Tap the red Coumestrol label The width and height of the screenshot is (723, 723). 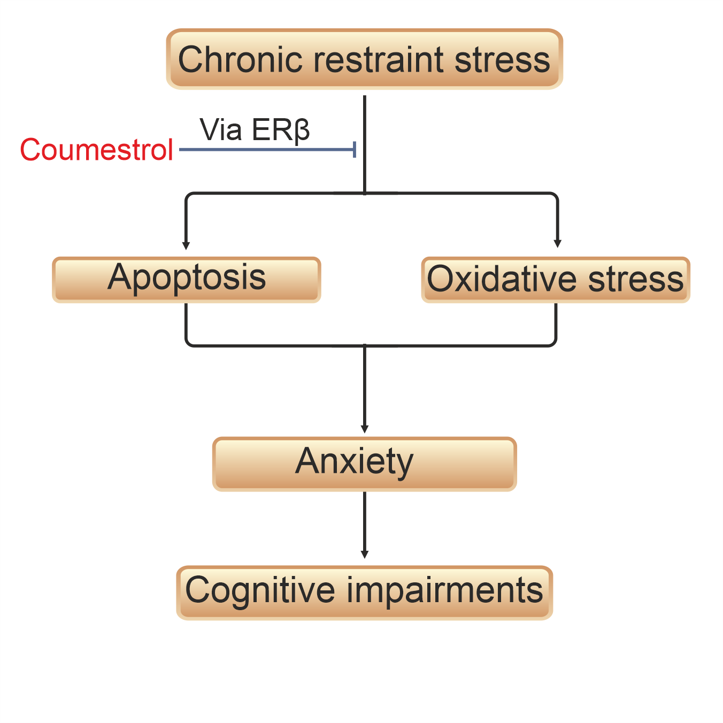click(x=96, y=150)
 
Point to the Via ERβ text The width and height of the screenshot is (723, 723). click(x=255, y=130)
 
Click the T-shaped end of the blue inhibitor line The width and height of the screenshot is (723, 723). click(x=355, y=150)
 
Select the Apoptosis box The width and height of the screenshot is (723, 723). click(x=187, y=280)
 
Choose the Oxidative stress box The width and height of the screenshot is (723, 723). click(x=556, y=280)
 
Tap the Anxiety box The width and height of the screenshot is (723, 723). click(x=364, y=464)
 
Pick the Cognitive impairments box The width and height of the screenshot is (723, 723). click(x=364, y=593)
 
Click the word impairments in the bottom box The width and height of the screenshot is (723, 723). click(x=445, y=590)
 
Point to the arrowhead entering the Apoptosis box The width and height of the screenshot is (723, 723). click(x=186, y=245)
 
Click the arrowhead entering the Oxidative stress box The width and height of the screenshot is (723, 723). click(x=557, y=243)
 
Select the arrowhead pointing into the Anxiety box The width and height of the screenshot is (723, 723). click(x=365, y=429)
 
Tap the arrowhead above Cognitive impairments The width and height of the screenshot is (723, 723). click(x=365, y=555)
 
